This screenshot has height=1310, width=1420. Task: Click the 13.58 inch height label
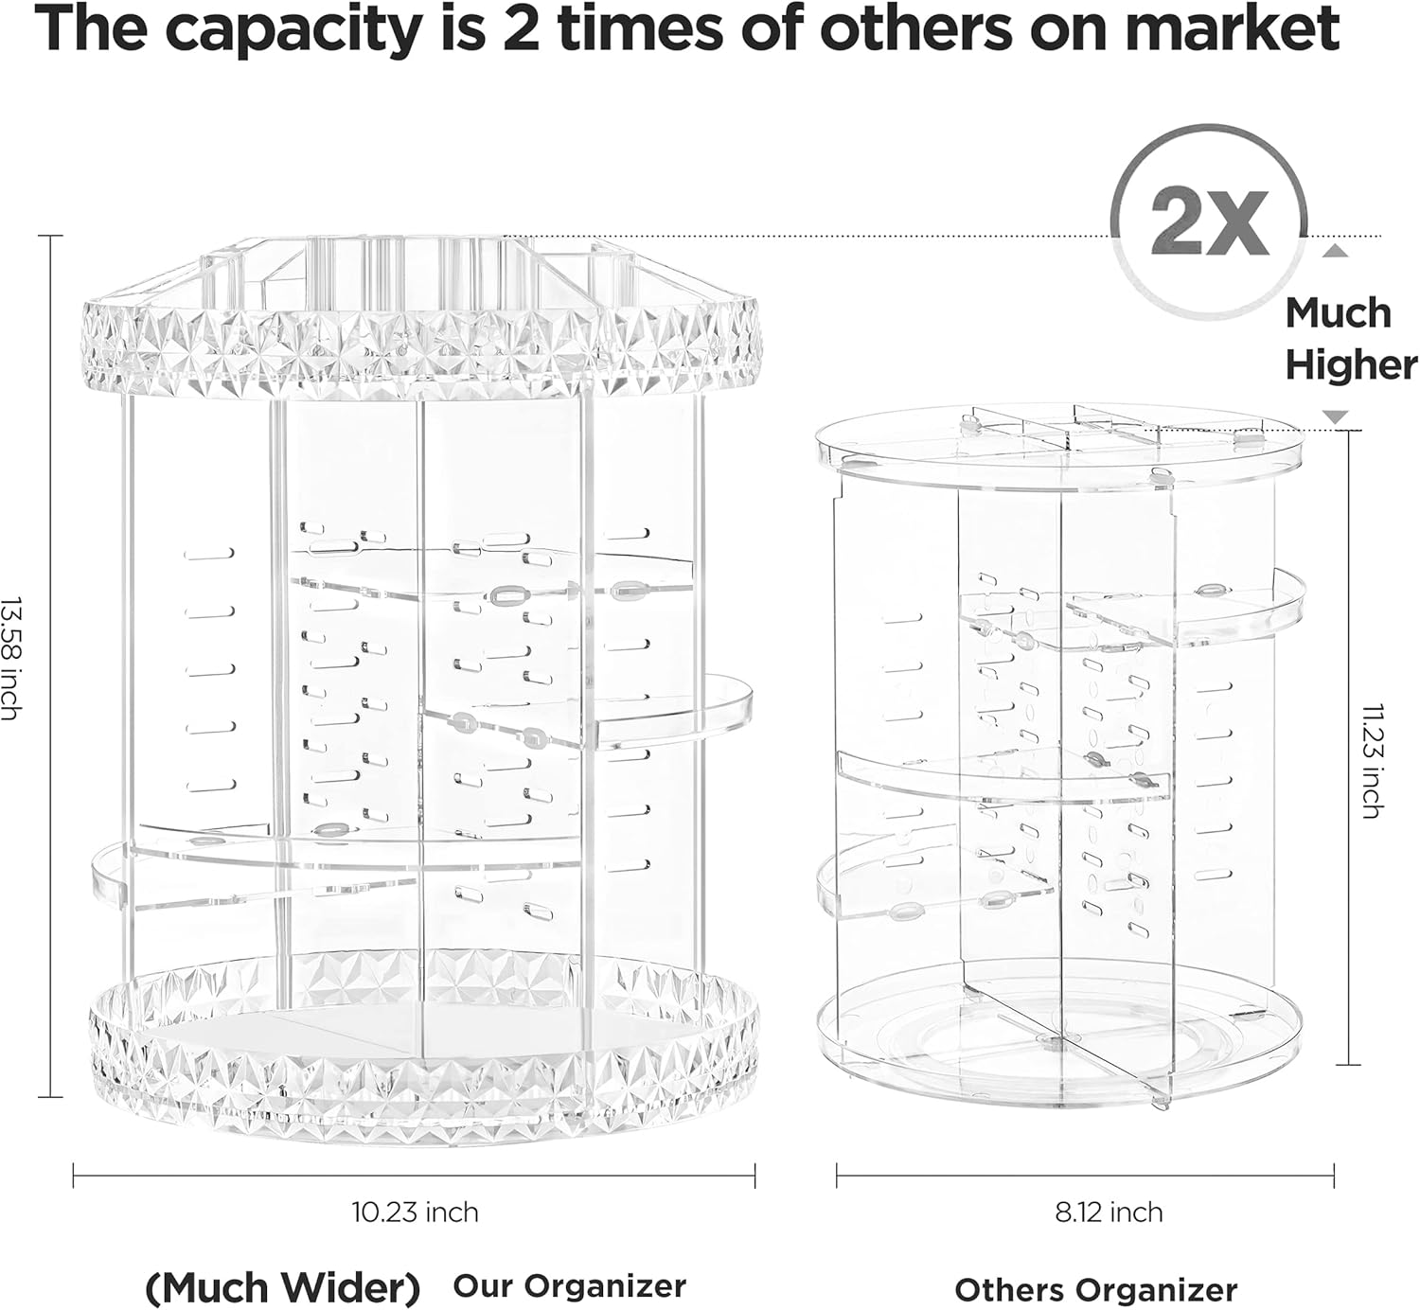pyautogui.click(x=11, y=659)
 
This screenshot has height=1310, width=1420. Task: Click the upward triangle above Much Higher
pyautogui.click(x=1335, y=251)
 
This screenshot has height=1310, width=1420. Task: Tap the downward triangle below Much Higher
pyautogui.click(x=1334, y=416)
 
